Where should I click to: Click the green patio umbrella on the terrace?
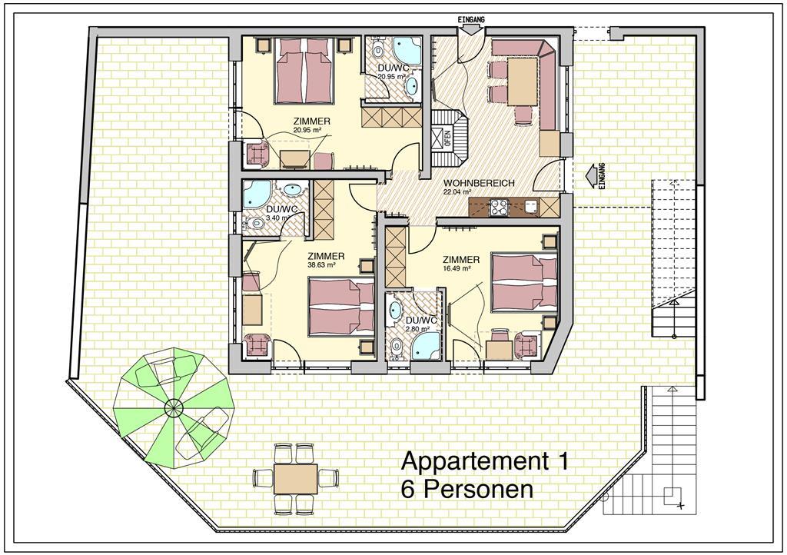(x=174, y=407)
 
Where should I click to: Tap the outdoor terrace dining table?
(x=295, y=478)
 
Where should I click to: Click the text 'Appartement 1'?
(x=486, y=461)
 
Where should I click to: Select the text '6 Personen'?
(x=467, y=490)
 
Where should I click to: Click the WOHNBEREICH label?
(x=479, y=183)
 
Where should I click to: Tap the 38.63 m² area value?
(x=321, y=265)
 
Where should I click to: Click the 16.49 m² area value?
(x=456, y=268)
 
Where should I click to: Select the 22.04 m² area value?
(x=457, y=191)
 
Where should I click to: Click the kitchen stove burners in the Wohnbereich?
(x=499, y=208)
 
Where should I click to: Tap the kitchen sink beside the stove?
(x=530, y=207)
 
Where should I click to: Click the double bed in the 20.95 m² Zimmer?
(x=304, y=71)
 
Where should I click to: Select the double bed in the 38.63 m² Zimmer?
(x=341, y=307)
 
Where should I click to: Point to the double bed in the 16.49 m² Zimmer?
(x=524, y=282)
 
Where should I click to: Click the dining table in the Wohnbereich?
(x=523, y=81)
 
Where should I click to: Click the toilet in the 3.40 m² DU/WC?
(x=257, y=223)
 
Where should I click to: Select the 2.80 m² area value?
(x=417, y=329)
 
